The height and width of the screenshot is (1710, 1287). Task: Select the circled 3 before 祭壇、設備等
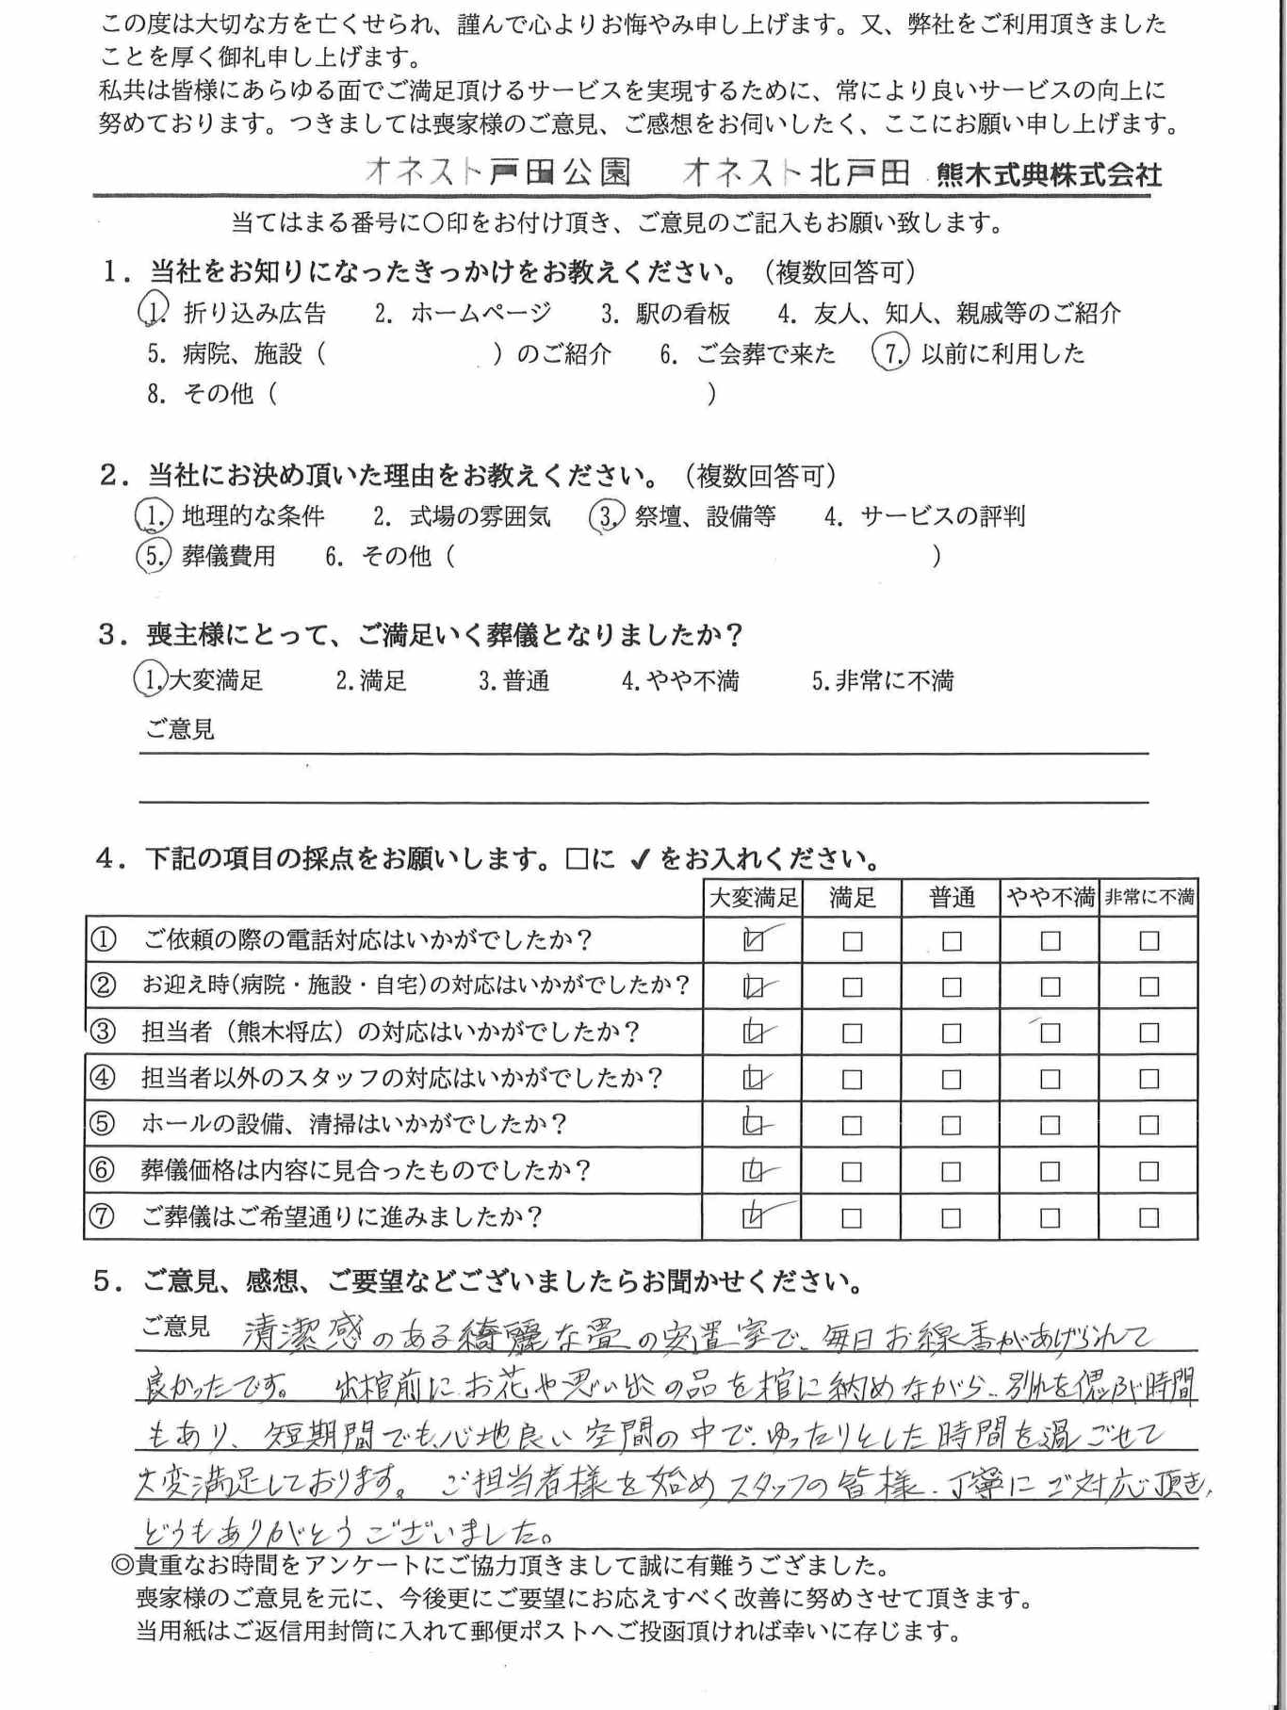point(605,516)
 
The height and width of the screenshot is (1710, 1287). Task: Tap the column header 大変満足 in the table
point(752,898)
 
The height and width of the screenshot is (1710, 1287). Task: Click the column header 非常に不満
point(1149,898)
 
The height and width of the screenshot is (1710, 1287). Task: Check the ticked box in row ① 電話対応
point(753,940)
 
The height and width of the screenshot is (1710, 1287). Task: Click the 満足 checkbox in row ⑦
point(852,1218)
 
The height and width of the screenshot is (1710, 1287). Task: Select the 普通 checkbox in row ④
point(952,1079)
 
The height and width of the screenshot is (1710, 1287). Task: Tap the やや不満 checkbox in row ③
point(1050,1033)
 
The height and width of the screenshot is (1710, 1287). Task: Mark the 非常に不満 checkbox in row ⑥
point(1149,1171)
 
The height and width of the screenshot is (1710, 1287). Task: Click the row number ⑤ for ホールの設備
point(102,1124)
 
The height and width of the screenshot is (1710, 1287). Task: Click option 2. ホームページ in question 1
point(462,313)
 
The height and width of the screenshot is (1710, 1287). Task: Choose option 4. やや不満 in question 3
point(680,680)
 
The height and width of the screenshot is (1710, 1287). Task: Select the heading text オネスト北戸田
point(796,172)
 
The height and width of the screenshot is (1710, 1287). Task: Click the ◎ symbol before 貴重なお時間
point(122,1565)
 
